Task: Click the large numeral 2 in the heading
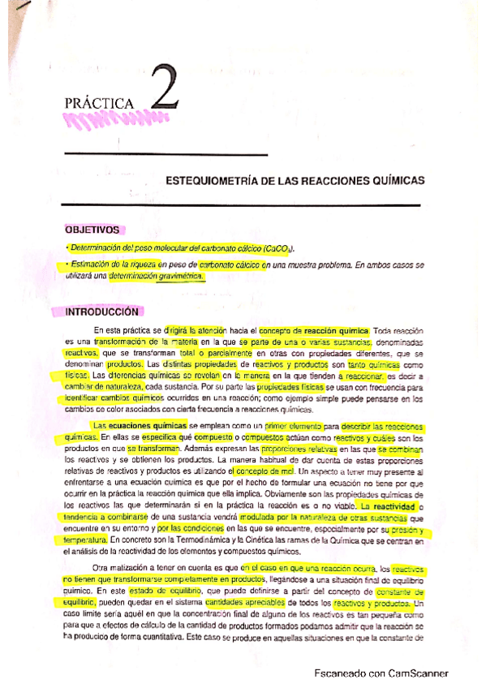click(162, 94)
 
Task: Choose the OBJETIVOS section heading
click(92, 230)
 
